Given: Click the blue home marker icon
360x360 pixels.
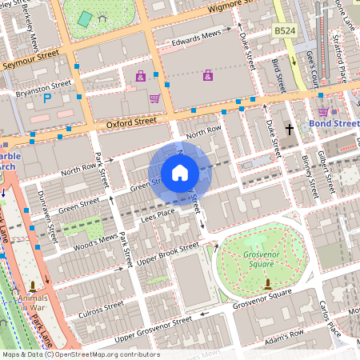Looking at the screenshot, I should (180, 173).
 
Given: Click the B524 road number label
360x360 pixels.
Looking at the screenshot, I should (284, 30).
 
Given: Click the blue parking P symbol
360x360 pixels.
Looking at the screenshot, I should (46, 98).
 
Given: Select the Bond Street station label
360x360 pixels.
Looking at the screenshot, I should (334, 124).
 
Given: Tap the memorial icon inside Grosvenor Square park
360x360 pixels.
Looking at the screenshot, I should (267, 282).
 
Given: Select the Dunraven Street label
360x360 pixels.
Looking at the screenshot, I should (50, 216).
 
